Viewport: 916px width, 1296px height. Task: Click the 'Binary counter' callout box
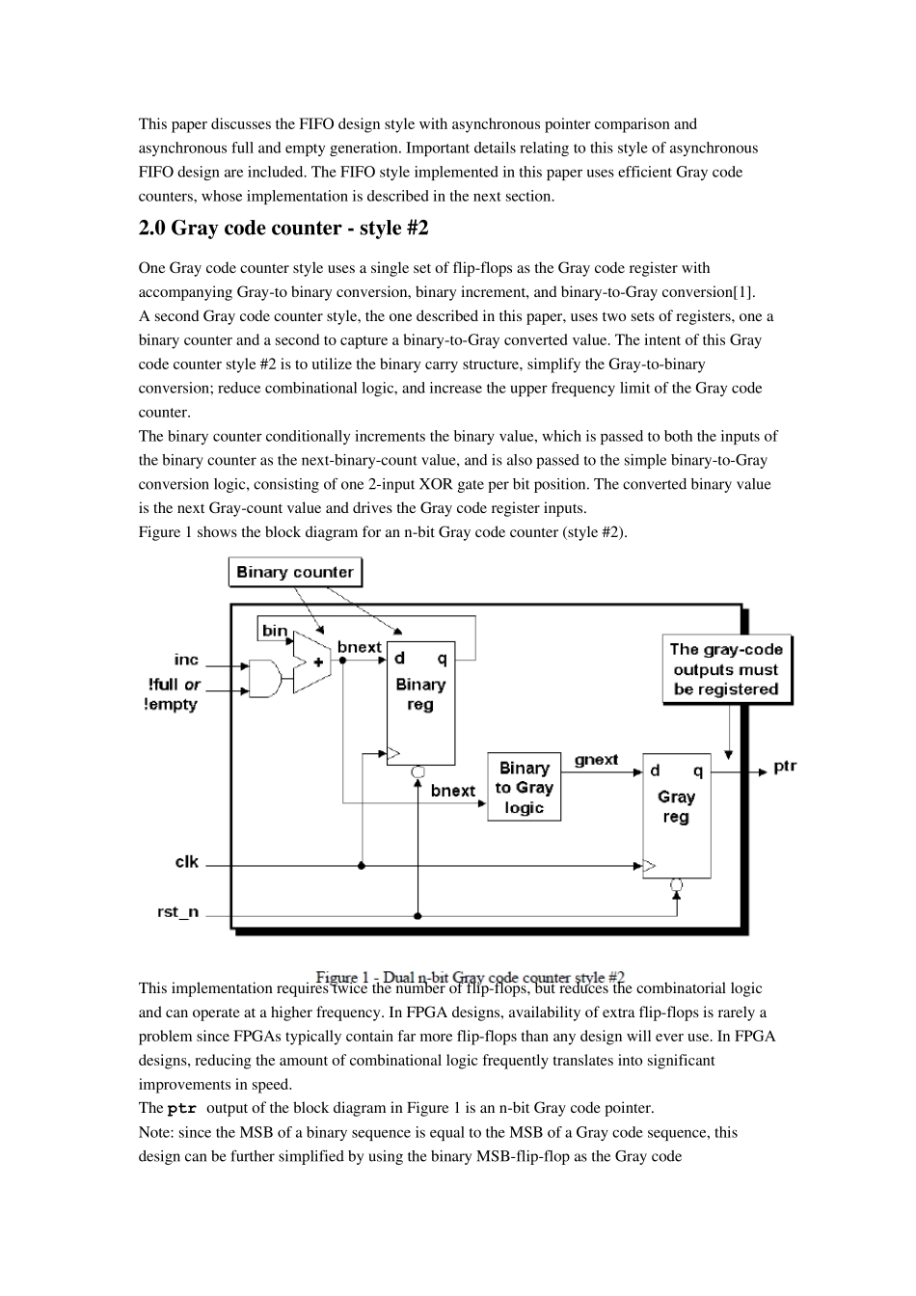[x=295, y=572]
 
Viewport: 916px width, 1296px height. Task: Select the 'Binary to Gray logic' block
[x=524, y=788]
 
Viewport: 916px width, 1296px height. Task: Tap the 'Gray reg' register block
[x=676, y=814]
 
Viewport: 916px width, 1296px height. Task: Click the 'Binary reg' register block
[x=420, y=704]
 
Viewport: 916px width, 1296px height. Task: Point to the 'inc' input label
[x=186, y=660]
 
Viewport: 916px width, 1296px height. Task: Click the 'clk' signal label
[x=186, y=861]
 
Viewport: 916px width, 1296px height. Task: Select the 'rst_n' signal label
[x=178, y=911]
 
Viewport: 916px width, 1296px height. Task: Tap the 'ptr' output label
[x=785, y=767]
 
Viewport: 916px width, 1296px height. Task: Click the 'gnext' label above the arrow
[x=596, y=760]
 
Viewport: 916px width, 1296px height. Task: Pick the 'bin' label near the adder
[x=275, y=631]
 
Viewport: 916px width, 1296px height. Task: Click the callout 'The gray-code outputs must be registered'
[x=726, y=669]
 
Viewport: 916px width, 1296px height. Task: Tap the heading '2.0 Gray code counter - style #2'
[x=283, y=229]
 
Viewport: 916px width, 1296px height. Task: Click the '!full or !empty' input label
[x=173, y=694]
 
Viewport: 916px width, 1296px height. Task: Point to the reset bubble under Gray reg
[x=677, y=884]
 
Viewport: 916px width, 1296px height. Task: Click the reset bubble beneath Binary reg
[x=418, y=771]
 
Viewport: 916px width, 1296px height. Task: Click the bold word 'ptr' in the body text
[x=181, y=1109]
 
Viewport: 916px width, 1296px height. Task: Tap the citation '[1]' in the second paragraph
[x=743, y=292]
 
